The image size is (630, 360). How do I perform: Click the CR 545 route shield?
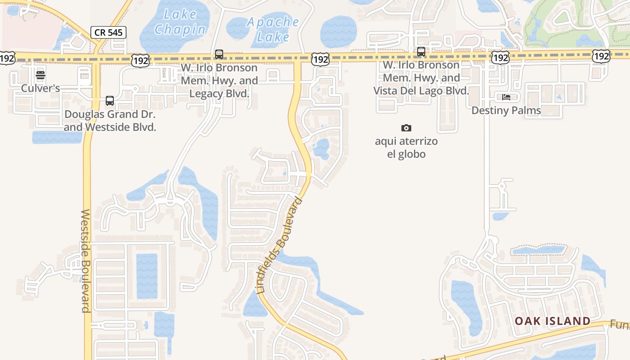[x=108, y=32]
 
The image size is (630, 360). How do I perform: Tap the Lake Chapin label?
[x=180, y=22]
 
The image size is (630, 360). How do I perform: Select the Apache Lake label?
[x=273, y=29]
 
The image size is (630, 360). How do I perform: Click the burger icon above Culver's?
[x=40, y=75]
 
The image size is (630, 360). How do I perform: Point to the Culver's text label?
[x=40, y=88]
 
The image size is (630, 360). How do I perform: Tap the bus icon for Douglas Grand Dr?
[x=110, y=101]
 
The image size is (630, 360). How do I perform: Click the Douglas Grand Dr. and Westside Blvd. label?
[x=110, y=121]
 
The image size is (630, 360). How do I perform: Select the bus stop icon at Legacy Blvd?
[x=219, y=54]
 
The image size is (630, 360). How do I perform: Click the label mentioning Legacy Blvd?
[x=219, y=81]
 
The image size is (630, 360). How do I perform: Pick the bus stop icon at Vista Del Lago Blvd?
[x=421, y=52]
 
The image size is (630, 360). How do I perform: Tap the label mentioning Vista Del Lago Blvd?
[x=421, y=78]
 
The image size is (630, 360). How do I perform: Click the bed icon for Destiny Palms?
[x=506, y=97]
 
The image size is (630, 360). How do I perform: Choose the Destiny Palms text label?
[x=506, y=110]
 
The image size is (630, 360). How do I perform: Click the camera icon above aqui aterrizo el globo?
[x=406, y=128]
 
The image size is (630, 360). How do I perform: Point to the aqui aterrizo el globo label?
[x=406, y=148]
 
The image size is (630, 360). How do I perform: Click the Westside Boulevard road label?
[x=86, y=261]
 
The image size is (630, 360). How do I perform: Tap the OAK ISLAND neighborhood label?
[x=553, y=321]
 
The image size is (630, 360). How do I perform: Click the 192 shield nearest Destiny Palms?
[x=500, y=57]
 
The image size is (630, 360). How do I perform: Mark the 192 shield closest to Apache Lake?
[x=320, y=59]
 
